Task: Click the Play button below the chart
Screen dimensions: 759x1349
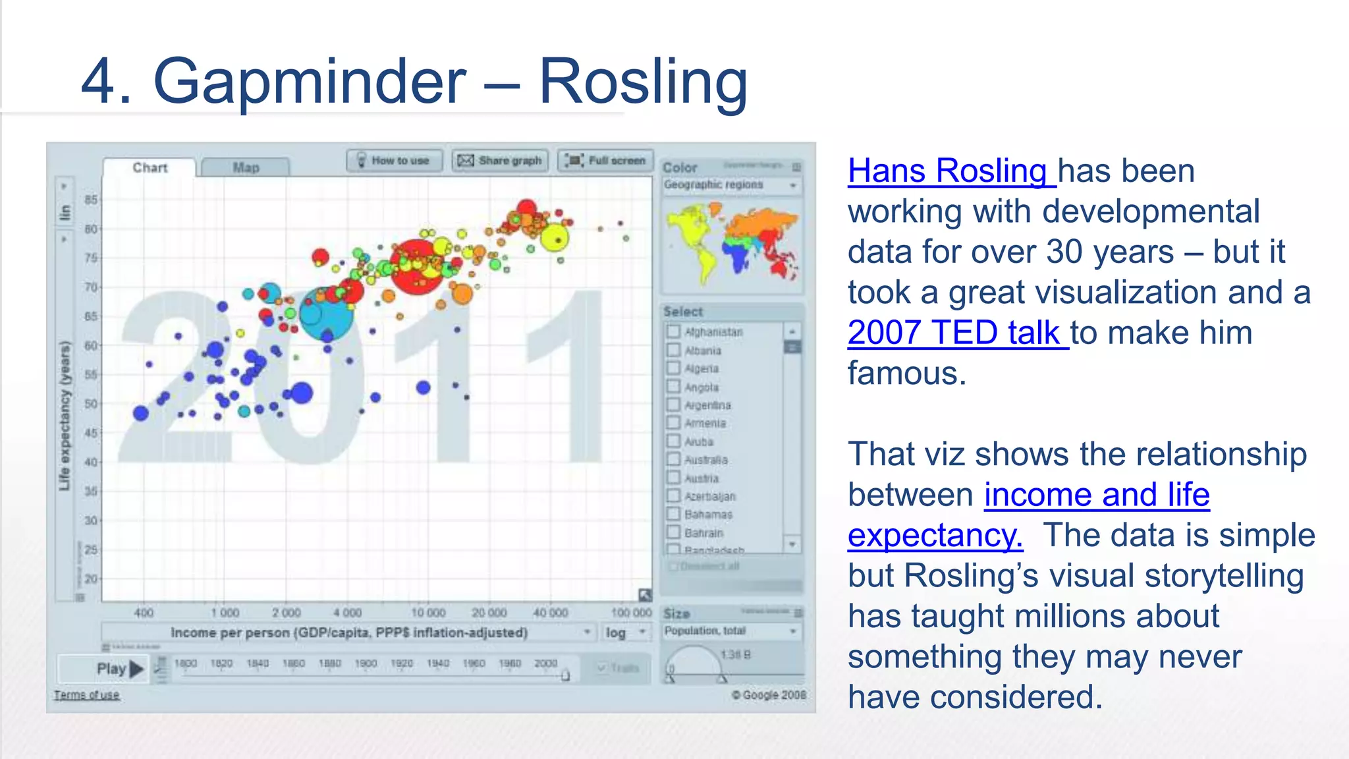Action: click(x=119, y=669)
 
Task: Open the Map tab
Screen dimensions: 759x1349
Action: click(x=246, y=167)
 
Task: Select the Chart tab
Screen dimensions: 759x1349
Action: click(x=150, y=167)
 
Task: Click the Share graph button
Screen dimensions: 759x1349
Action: click(x=500, y=160)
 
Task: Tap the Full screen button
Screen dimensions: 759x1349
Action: click(x=605, y=160)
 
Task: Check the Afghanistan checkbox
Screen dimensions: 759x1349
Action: click(x=673, y=331)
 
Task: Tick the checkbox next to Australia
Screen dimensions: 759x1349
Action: click(x=673, y=459)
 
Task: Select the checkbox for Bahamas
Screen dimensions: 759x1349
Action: click(x=673, y=513)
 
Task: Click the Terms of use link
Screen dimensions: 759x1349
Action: click(x=87, y=695)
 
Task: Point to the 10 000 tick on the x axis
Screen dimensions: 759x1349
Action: click(x=428, y=613)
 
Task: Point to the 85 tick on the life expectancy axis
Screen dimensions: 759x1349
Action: click(x=91, y=199)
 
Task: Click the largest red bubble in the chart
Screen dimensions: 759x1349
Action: click(x=417, y=267)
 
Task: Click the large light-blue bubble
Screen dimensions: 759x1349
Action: click(x=326, y=314)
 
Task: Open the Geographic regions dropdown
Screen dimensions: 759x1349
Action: click(x=731, y=185)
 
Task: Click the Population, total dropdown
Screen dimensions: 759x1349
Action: click(x=731, y=631)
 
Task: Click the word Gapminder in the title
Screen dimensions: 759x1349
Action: click(x=310, y=82)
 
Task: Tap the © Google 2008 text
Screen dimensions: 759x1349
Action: click(x=769, y=695)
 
